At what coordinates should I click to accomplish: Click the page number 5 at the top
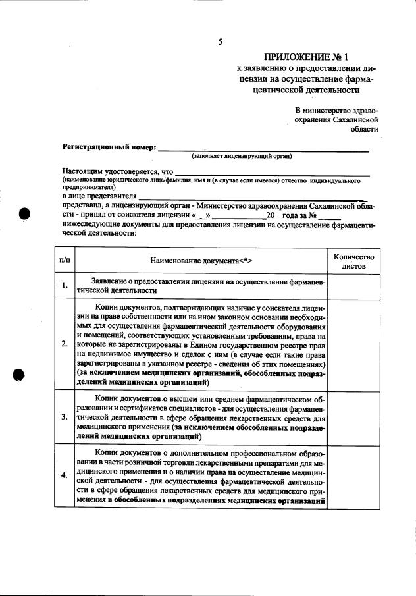click(x=221, y=42)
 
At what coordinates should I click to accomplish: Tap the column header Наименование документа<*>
click(x=201, y=261)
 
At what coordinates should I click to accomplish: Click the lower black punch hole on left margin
click(x=20, y=374)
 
